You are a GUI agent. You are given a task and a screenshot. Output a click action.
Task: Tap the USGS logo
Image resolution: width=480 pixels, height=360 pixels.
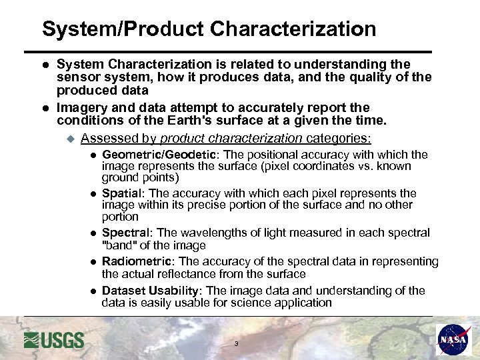tap(54, 340)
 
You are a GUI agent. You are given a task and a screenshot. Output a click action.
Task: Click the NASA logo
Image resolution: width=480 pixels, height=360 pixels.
tap(454, 339)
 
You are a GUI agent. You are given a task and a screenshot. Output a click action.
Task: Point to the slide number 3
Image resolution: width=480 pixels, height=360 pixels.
tap(237, 343)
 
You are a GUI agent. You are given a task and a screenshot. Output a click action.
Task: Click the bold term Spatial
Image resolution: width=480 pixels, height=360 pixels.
tap(121, 193)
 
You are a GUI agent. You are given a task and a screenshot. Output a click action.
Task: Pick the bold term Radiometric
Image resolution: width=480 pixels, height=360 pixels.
tap(137, 261)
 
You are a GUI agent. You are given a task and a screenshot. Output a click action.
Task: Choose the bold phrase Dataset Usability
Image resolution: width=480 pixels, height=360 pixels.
tap(150, 291)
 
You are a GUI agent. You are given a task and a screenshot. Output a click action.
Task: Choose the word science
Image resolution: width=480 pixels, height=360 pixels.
tap(253, 303)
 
